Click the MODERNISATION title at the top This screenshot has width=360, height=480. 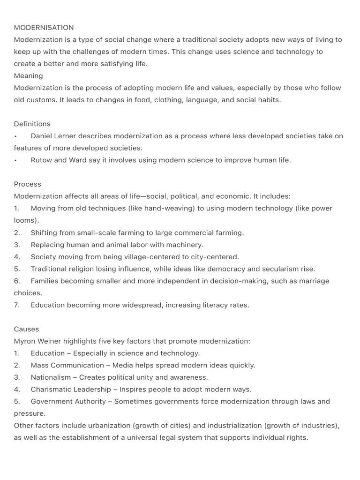(44, 28)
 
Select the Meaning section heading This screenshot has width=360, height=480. (28, 75)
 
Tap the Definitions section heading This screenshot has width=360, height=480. (32, 124)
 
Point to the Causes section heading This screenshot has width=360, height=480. (26, 329)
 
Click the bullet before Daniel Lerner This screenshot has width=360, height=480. (15, 136)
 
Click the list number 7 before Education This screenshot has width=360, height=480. (17, 305)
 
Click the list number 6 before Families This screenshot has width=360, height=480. (17, 281)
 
